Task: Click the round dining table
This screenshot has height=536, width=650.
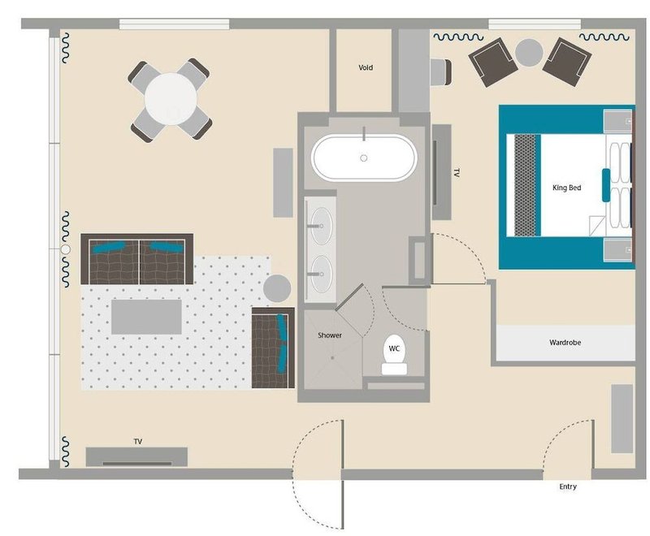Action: tap(171, 99)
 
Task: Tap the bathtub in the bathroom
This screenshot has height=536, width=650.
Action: tap(364, 158)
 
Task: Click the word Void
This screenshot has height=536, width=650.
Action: tap(366, 67)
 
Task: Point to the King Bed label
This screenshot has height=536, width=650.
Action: tap(566, 188)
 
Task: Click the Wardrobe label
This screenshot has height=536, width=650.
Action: tap(565, 343)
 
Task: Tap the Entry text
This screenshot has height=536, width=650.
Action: tap(567, 487)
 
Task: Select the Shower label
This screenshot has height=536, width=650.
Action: tap(329, 335)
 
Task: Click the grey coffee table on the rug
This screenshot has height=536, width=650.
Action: tap(146, 316)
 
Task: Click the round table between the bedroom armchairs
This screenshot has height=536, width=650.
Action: tap(529, 53)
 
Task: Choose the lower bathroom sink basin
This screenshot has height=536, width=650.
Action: tap(322, 270)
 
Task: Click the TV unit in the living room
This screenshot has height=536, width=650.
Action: tap(136, 457)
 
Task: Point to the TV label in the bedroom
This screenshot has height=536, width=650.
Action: tap(457, 174)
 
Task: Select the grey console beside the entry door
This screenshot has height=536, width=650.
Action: tap(622, 419)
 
